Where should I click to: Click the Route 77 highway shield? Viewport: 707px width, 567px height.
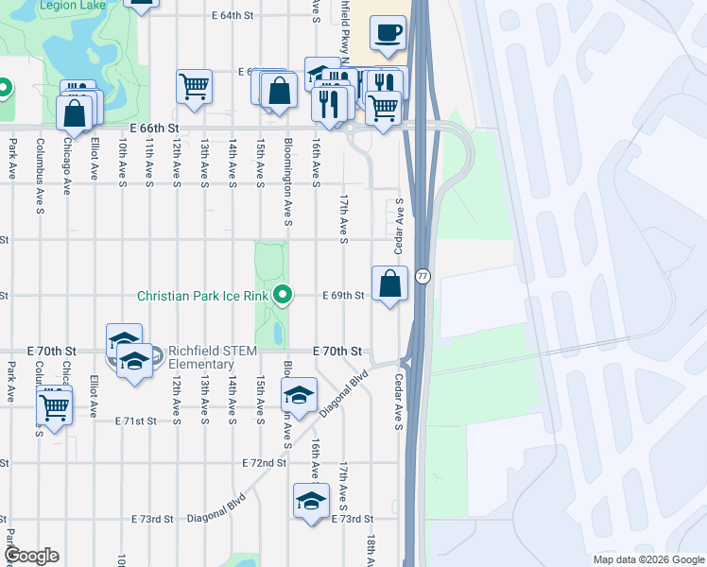point(422,276)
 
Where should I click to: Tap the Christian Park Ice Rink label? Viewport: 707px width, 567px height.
point(202,296)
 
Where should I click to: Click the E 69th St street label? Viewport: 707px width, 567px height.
point(343,296)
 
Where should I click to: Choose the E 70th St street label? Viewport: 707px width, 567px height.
point(337,351)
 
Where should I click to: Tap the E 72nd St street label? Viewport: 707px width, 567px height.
point(264,463)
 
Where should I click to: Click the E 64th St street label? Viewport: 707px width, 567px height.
point(233,16)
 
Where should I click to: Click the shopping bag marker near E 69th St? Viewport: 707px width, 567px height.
point(390,283)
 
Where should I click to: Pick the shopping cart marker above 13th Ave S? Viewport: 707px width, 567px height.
point(194,87)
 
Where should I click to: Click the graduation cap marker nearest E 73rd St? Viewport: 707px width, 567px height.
point(310,503)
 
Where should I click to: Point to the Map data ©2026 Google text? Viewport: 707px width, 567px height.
point(647,559)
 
